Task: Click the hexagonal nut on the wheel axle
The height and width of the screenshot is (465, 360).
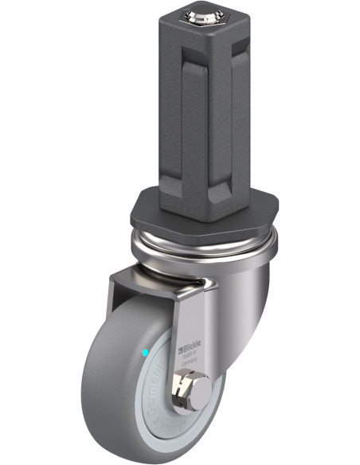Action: tap(185, 394)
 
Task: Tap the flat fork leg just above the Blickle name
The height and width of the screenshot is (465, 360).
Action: tap(191, 318)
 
